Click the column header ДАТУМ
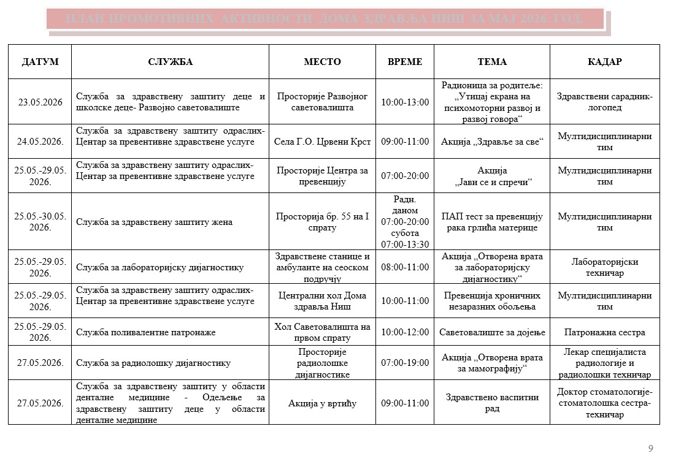(x=40, y=62)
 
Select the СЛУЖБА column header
(x=170, y=62)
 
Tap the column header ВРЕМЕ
(x=405, y=62)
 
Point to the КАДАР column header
(x=604, y=62)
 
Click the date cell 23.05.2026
(x=40, y=102)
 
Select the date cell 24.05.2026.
(x=40, y=142)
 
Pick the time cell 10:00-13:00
(x=405, y=102)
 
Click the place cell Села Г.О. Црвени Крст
(x=322, y=142)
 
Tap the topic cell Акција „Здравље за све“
(x=492, y=142)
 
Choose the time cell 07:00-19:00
(x=405, y=363)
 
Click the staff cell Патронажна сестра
(x=604, y=332)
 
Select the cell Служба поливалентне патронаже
(x=146, y=332)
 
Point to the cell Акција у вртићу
(x=322, y=403)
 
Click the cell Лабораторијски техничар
(x=604, y=267)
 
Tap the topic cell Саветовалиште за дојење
(x=492, y=332)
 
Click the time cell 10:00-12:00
(x=405, y=332)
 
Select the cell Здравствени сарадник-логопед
(x=604, y=102)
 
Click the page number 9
(x=651, y=449)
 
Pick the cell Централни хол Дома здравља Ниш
(x=322, y=301)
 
